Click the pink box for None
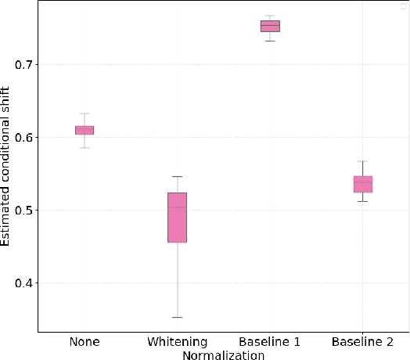point(85,130)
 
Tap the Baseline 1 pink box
point(270,26)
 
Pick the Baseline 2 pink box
point(363,184)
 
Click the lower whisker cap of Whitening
point(177,317)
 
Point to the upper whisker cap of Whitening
point(177,176)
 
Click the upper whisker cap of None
point(85,113)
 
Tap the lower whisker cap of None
point(85,147)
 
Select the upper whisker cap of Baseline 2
point(363,161)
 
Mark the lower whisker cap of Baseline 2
point(363,201)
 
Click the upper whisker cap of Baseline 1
point(270,16)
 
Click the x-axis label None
point(85,342)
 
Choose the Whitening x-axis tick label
point(177,342)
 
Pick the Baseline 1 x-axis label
point(270,342)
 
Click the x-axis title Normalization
point(223,355)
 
